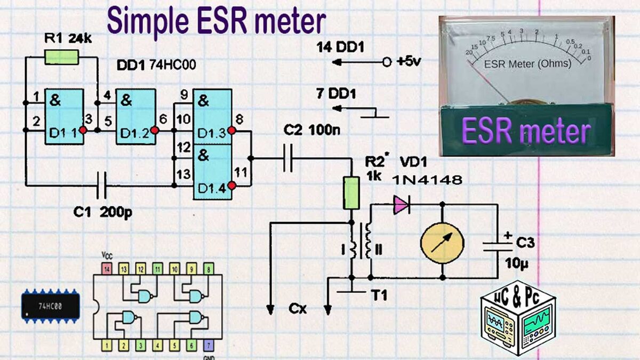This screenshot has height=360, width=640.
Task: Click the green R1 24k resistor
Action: (62, 57)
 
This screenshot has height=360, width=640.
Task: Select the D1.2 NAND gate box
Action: (136, 117)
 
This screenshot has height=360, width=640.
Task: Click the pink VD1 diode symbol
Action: (401, 204)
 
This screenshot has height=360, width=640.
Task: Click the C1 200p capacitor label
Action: (103, 212)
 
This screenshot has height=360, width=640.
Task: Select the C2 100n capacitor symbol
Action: (289, 158)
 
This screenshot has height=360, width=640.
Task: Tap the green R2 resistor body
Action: (351, 193)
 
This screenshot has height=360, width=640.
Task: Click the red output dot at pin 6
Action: (155, 130)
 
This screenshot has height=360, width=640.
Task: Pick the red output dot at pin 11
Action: (231, 186)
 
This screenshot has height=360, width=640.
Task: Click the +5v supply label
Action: (409, 62)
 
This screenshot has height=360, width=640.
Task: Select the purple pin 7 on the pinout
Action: (209, 345)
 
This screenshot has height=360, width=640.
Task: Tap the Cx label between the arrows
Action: (298, 308)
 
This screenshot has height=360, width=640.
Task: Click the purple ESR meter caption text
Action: (525, 131)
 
